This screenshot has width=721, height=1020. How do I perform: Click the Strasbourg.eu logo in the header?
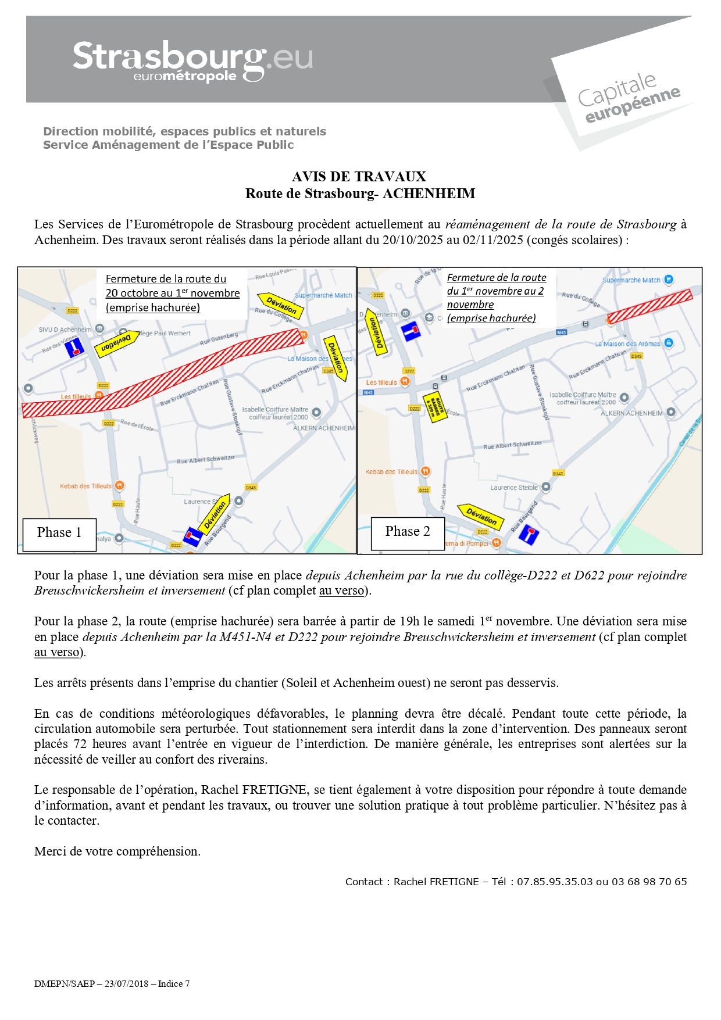pos(192,61)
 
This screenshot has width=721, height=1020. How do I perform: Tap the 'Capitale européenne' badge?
pos(629,97)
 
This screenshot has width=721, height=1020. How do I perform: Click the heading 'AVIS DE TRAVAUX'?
pos(359,177)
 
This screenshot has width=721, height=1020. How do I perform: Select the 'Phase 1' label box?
pos(59,533)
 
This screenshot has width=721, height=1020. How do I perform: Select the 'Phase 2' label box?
pos(408,532)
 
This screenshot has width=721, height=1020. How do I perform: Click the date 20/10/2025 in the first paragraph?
pos(413,240)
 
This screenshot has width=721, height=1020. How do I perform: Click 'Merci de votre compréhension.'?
pos(117,851)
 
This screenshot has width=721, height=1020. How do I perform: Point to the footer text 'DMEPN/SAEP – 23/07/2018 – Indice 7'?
pos(112,983)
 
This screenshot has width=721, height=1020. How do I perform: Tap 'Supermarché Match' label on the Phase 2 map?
pos(631,280)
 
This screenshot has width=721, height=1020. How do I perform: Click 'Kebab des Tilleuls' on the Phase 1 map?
pos(85,486)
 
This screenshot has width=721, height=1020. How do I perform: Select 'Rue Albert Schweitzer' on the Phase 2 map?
pos(512,445)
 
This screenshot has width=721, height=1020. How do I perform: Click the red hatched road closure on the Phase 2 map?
pos(650,306)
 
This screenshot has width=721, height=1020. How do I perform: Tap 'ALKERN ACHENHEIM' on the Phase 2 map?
pos(631,413)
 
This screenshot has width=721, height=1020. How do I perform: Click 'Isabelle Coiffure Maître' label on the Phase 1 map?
pos(275,410)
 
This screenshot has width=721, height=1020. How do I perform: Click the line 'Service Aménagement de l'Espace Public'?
pos(169,145)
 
